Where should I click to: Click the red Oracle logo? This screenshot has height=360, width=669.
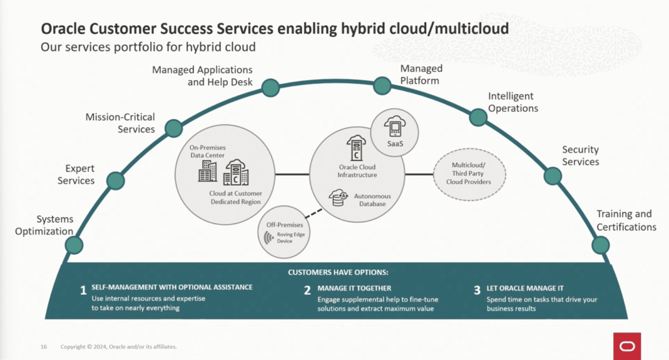coord(627,346)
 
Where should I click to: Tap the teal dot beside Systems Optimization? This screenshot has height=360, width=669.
coord(74,245)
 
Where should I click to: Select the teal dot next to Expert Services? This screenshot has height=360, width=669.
coord(116,181)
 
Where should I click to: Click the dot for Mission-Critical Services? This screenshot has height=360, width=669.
coord(173,128)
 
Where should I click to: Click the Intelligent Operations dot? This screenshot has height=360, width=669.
coord(478,117)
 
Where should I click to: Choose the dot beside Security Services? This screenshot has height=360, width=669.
coord(553,175)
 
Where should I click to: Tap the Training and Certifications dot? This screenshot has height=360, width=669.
coord(601,245)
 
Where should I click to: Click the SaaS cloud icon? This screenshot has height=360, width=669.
coord(394,125)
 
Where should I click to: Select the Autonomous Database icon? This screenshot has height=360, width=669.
coord(338,198)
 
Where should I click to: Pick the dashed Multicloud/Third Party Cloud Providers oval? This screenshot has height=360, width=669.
coord(470,174)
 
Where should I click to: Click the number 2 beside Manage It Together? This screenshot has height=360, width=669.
coord(307,290)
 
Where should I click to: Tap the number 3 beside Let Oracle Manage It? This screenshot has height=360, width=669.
coord(477,290)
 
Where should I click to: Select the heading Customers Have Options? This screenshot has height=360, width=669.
coord(338,272)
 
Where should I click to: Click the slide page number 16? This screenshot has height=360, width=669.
coord(44,347)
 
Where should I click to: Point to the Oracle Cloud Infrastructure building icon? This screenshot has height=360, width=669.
coord(356,149)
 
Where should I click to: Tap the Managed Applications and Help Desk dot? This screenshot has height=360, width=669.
coord(271,88)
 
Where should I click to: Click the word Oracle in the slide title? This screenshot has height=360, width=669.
coord(63,29)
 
